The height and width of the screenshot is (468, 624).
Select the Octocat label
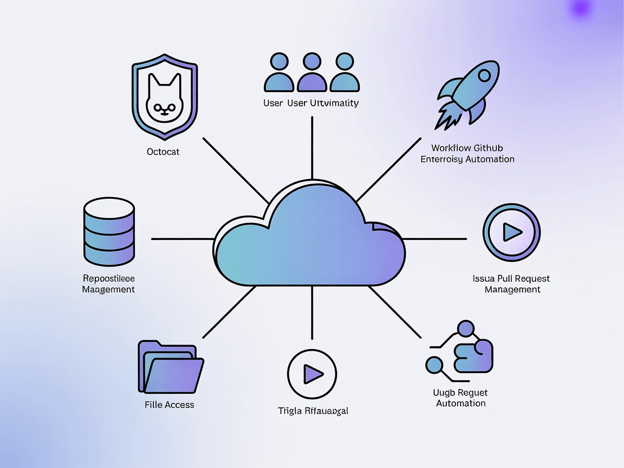(x=163, y=152)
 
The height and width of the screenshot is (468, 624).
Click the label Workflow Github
(x=467, y=147)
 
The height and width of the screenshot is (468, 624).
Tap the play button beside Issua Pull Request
(x=511, y=232)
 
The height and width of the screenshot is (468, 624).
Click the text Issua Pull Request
(x=511, y=278)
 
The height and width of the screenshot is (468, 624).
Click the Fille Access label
(x=169, y=405)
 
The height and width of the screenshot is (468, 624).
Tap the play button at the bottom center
(x=311, y=374)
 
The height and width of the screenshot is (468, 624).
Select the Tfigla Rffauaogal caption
(x=313, y=411)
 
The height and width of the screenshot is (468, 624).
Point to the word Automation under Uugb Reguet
(x=460, y=404)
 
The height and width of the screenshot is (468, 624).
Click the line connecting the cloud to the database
(x=182, y=238)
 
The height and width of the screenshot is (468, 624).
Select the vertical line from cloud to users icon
(x=312, y=146)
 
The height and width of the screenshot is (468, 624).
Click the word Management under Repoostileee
(x=108, y=289)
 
